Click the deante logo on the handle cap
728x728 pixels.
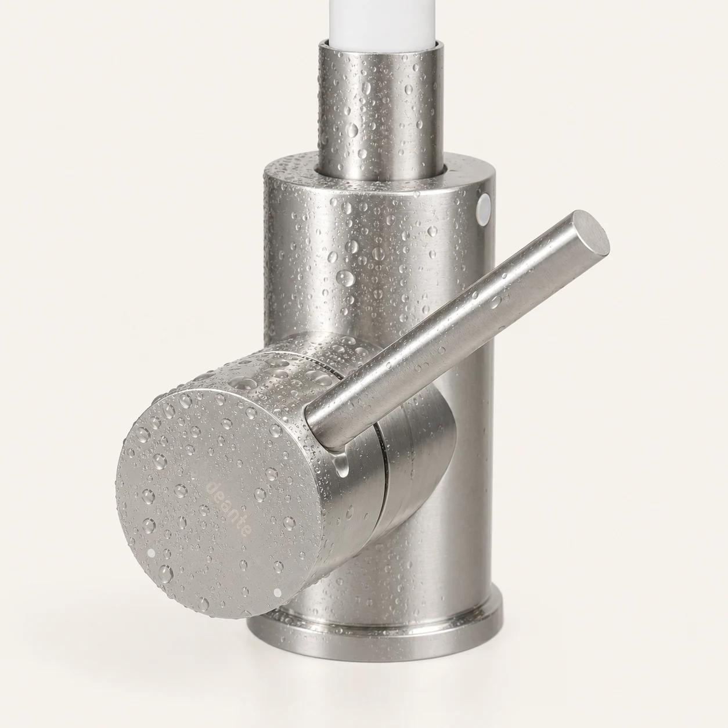tap(229, 507)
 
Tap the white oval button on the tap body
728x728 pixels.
tap(484, 207)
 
